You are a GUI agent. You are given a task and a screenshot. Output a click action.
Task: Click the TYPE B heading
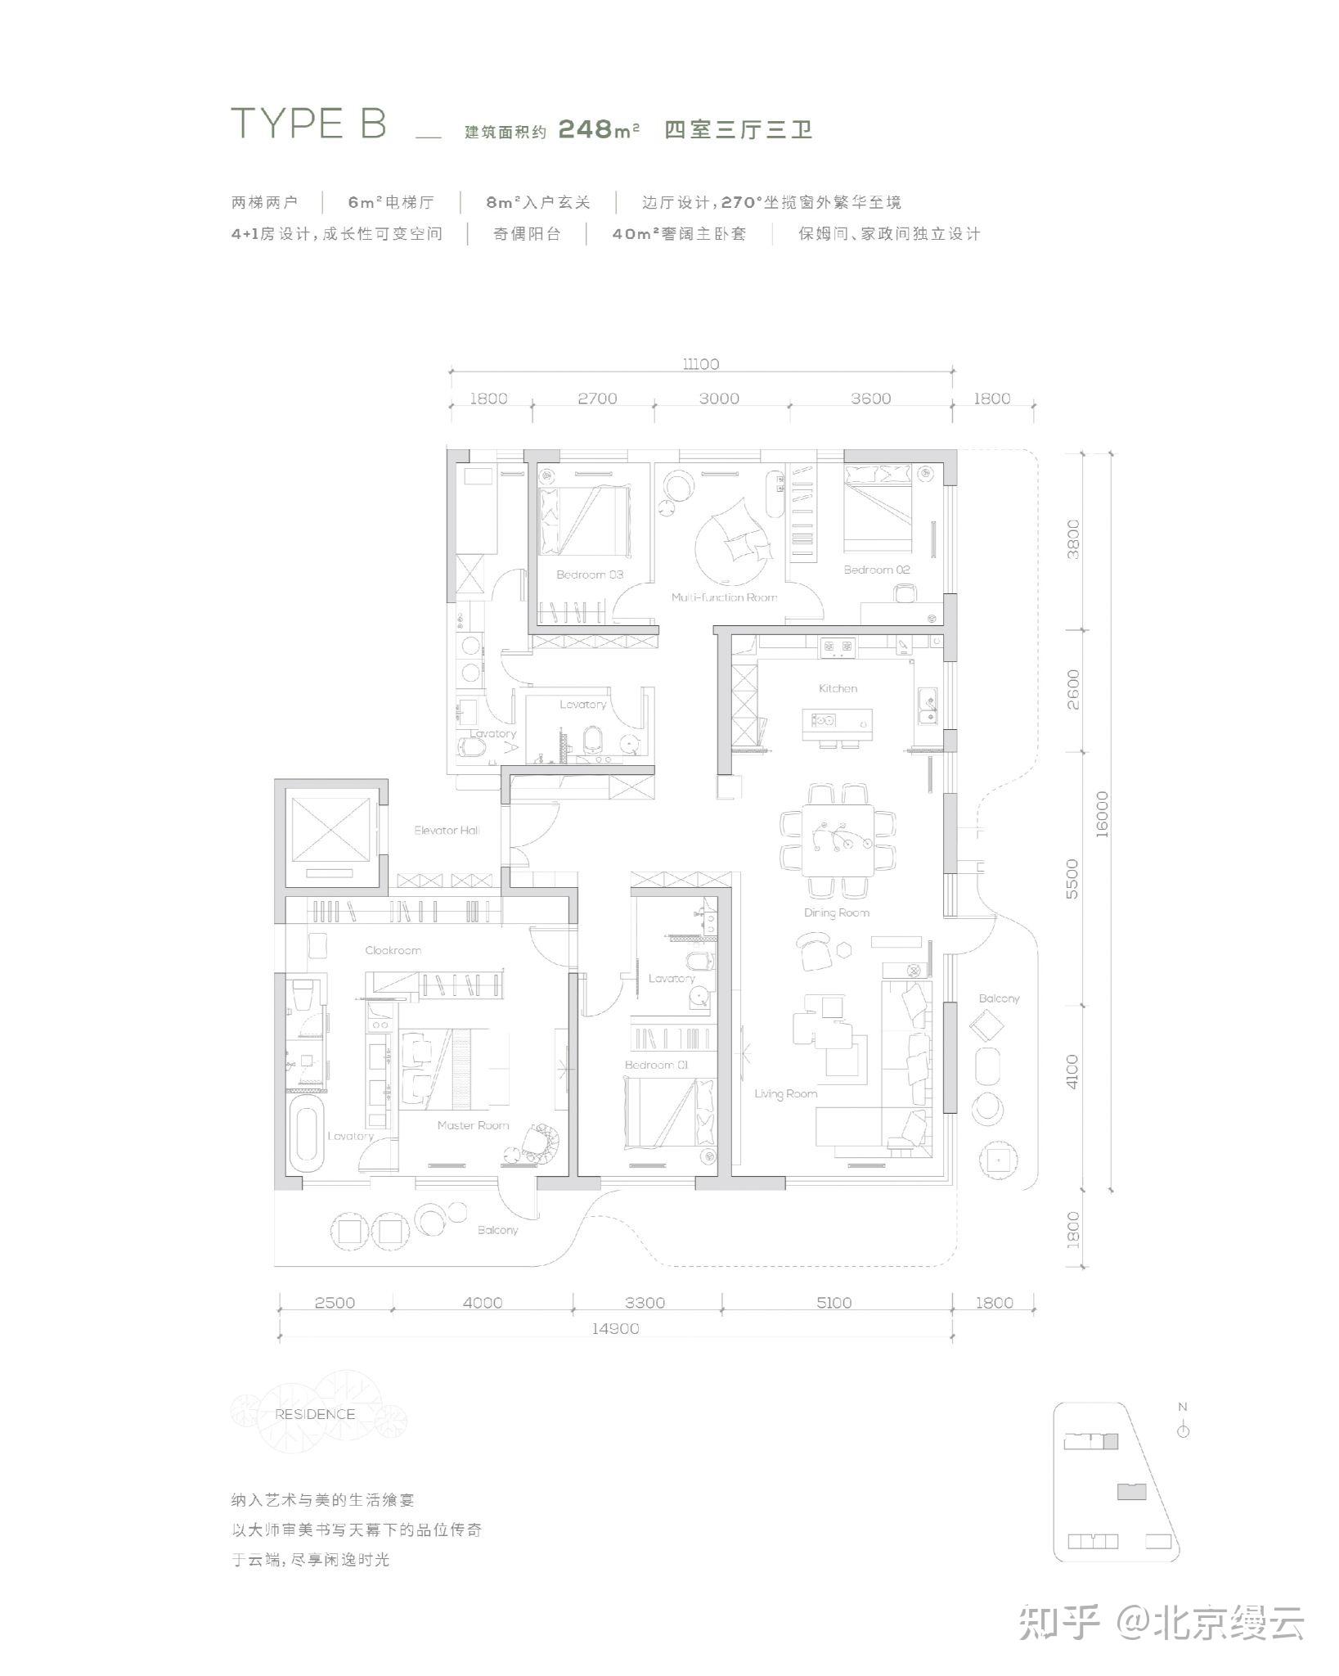(309, 124)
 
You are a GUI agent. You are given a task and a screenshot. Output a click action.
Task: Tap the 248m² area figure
(599, 129)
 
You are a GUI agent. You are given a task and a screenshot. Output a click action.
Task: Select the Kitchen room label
(838, 688)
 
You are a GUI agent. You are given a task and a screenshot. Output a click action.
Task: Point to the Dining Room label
(836, 912)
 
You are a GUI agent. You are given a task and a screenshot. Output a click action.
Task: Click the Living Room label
(785, 1093)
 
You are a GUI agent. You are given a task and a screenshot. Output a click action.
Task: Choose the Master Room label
(473, 1125)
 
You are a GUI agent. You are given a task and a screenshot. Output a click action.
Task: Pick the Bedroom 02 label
(877, 570)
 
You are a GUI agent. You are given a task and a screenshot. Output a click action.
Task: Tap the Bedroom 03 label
(590, 574)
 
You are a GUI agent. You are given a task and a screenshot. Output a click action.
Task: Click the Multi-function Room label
(724, 597)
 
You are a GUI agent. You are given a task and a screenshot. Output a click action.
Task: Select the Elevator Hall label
(447, 830)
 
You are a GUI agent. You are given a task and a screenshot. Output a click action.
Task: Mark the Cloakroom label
(393, 950)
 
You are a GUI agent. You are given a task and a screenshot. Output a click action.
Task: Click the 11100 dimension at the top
(701, 364)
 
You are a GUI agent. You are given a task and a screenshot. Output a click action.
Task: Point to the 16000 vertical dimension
(1102, 813)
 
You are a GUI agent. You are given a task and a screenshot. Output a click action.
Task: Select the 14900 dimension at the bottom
(615, 1328)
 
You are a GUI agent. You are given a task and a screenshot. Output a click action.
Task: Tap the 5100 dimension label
(834, 1303)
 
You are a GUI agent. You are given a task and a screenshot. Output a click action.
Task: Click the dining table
(838, 840)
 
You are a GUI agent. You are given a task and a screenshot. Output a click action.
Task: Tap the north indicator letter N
(1183, 1407)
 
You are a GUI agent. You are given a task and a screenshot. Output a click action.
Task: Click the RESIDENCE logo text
(315, 1414)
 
